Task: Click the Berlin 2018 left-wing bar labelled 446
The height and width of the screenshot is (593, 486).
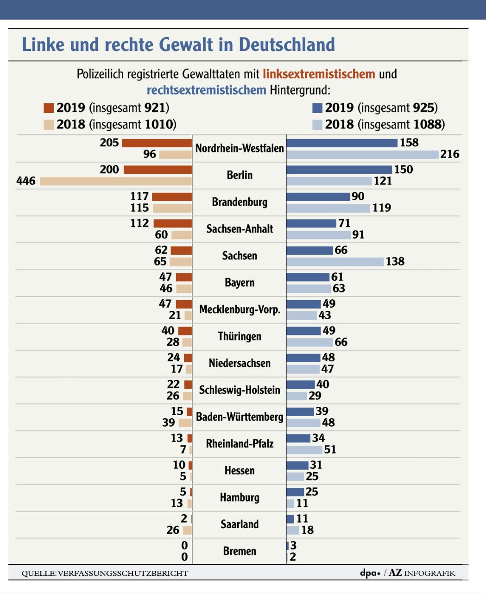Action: tap(116, 181)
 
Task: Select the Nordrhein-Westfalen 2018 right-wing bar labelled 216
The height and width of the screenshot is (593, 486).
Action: tap(362, 154)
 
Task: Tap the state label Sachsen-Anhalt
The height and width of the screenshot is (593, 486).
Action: tap(240, 229)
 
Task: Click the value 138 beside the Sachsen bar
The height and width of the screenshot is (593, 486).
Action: tap(395, 262)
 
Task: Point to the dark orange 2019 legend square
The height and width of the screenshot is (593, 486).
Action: tap(49, 108)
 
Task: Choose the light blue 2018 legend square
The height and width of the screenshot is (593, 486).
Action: tap(317, 125)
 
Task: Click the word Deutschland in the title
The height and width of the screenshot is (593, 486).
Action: tap(287, 45)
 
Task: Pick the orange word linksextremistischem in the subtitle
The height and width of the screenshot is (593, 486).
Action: tap(319, 74)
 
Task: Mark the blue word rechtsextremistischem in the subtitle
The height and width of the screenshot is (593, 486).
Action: tap(206, 90)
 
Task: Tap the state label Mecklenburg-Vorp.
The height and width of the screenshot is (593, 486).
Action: tap(240, 309)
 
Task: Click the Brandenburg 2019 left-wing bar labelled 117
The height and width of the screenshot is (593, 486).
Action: tap(172, 197)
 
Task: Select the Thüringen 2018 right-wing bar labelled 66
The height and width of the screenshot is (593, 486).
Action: tap(309, 342)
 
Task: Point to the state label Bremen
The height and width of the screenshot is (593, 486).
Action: tap(240, 551)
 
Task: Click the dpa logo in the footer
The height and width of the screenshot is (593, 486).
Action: tap(370, 573)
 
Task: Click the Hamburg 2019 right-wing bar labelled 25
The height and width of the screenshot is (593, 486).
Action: tap(295, 492)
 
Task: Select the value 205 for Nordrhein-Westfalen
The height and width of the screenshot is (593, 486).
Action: tap(109, 143)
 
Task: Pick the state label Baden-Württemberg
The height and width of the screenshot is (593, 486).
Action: tap(240, 417)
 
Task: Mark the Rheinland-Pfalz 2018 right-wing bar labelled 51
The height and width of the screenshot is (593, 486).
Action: tap(304, 450)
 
